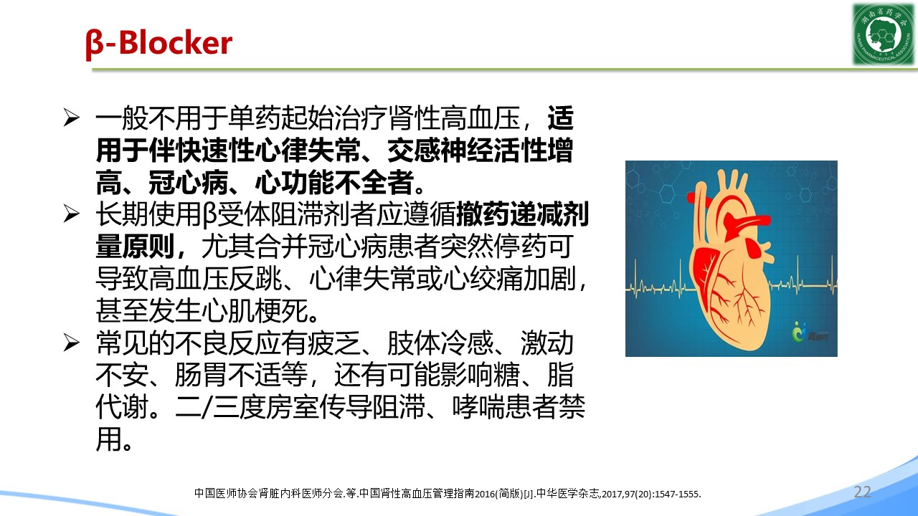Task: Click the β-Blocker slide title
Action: coord(159,44)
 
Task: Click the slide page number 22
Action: coord(862,492)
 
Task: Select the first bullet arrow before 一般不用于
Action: coord(71,118)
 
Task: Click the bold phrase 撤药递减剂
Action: coord(523,214)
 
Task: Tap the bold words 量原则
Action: coord(136,246)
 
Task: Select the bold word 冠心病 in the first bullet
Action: coord(188,182)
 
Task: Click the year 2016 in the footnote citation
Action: coord(484,494)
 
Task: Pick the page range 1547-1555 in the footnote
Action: coord(677,494)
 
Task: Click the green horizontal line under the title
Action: coord(505,70)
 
